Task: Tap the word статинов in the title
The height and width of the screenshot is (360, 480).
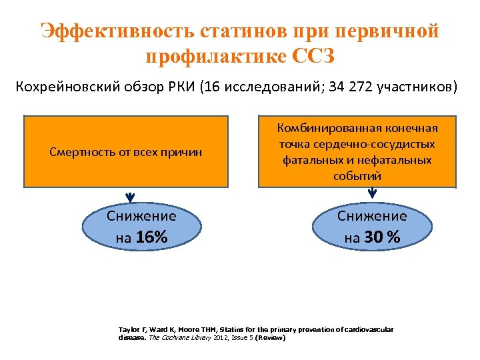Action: click(235, 31)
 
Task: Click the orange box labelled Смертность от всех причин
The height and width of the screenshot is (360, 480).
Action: click(126, 153)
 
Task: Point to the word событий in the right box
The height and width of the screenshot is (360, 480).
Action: click(358, 176)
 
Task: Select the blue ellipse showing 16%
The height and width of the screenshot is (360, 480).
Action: click(141, 226)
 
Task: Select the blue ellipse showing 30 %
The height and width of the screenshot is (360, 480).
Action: click(371, 226)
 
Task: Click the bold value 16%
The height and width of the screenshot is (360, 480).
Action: click(151, 237)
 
